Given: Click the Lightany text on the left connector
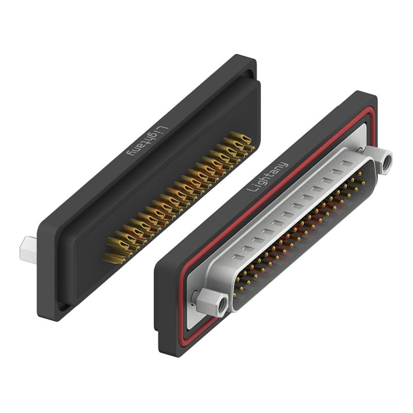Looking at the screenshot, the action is (x=148, y=140).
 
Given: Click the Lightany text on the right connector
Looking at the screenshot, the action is (x=267, y=177).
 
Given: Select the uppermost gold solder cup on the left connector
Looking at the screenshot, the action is (x=240, y=137).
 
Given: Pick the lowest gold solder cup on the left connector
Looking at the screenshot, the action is (x=114, y=258).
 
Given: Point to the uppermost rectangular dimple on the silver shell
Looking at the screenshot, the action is (x=347, y=163).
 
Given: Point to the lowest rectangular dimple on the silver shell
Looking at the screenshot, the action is (x=239, y=257).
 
